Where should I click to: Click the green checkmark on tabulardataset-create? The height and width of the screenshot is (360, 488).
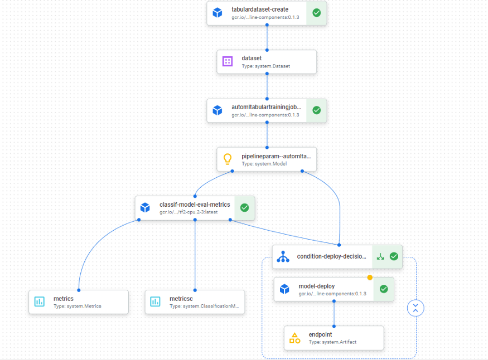tap(316, 13)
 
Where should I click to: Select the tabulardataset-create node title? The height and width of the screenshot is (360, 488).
tap(260, 9)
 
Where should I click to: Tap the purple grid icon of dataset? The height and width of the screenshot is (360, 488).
tap(227, 61)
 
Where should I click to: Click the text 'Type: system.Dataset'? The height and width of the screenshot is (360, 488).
tap(265, 66)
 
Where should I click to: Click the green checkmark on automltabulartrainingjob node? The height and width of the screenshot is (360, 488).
tap(316, 110)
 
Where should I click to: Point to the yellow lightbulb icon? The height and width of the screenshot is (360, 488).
tap(227, 159)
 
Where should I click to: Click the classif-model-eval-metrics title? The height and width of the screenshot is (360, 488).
tap(194, 205)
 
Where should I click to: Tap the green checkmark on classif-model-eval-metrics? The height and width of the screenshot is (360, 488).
tap(244, 208)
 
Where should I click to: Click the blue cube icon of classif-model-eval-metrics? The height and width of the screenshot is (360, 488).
tap(145, 208)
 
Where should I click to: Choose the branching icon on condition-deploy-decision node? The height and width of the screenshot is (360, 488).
tap(283, 256)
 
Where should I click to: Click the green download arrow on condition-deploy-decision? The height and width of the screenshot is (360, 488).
tap(380, 256)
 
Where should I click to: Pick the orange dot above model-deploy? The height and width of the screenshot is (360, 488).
tap(370, 277)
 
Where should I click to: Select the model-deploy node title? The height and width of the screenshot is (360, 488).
tap(316, 286)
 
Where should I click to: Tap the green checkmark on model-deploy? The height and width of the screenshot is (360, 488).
tap(384, 289)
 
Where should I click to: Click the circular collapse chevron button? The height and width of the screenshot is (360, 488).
tap(415, 308)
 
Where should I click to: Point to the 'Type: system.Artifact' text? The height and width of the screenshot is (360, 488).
tap(332, 342)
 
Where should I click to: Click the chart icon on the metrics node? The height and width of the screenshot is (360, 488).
tap(39, 301)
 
